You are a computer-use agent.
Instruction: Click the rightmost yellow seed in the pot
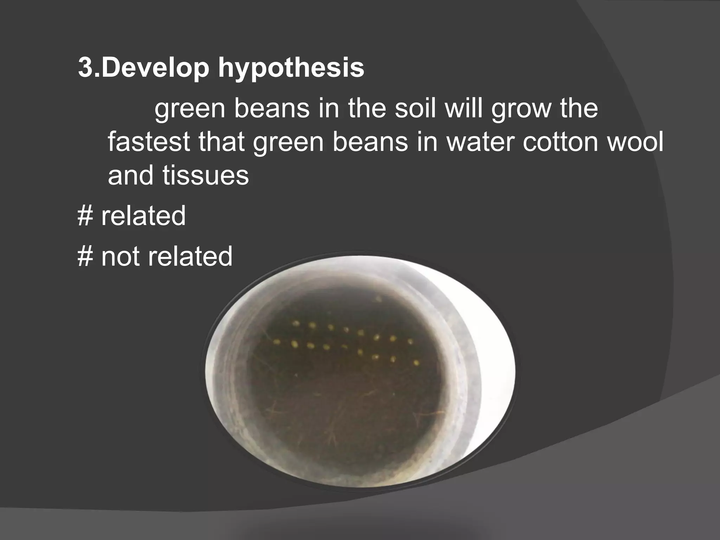417,362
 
